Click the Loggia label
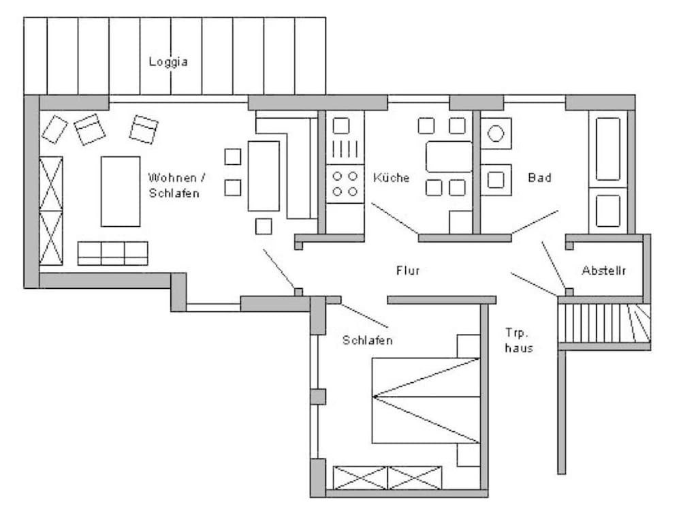click(168, 62)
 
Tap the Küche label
click(391, 177)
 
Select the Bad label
click(539, 177)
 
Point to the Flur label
click(408, 270)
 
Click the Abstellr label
click(603, 270)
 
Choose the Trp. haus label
click(518, 340)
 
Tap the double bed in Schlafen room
click(426, 401)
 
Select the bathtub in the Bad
click(607, 149)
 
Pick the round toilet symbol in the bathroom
click(496, 134)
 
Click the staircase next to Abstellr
click(604, 323)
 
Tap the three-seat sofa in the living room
click(113, 253)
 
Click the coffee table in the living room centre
click(121, 191)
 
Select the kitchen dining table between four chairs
click(449, 157)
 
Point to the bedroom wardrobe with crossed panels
click(387, 478)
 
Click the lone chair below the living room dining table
click(264, 226)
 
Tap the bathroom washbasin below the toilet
click(496, 180)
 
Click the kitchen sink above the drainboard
click(341, 125)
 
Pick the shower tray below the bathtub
click(607, 211)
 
